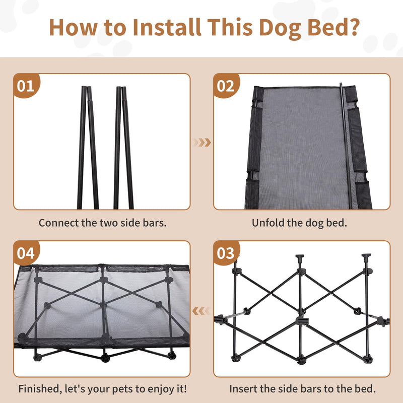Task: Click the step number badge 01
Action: pyautogui.click(x=26, y=86)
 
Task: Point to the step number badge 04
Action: pyautogui.click(x=26, y=253)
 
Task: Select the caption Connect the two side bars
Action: pyautogui.click(x=102, y=223)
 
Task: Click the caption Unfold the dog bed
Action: pyautogui.click(x=299, y=223)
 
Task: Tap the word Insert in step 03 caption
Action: pyautogui.click(x=243, y=389)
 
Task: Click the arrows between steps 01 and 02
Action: pyautogui.click(x=203, y=143)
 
